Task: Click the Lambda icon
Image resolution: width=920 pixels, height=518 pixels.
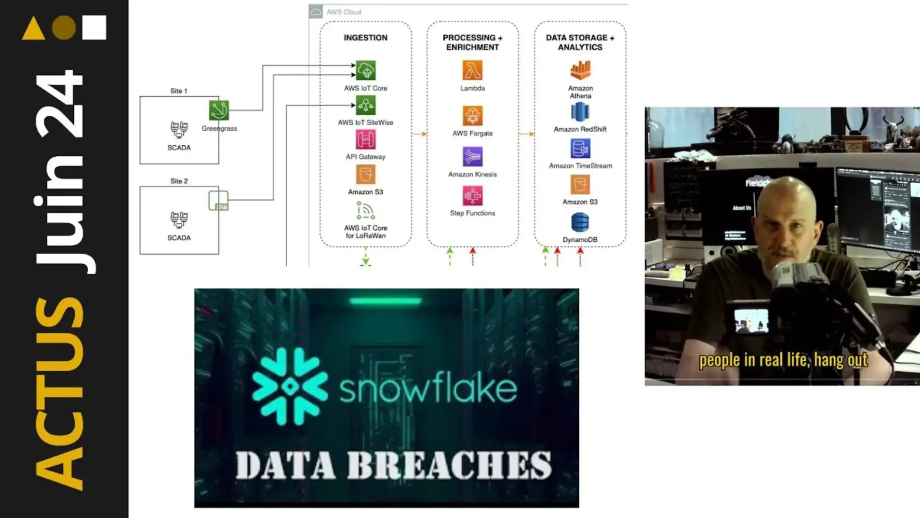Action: click(472, 70)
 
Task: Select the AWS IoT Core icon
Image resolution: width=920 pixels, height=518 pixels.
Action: click(365, 70)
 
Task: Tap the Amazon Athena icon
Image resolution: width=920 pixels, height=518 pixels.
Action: click(580, 70)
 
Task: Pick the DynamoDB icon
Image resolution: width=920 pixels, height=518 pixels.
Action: click(580, 222)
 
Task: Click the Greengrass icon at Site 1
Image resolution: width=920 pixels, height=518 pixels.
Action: click(219, 110)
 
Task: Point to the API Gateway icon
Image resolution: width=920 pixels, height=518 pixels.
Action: click(365, 140)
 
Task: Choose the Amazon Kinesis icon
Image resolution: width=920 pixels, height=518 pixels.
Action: click(472, 157)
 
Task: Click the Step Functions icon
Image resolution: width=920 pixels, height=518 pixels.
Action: click(472, 196)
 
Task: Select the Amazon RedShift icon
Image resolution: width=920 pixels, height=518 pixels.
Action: click(580, 112)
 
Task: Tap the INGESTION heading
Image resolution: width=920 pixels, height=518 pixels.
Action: click(365, 38)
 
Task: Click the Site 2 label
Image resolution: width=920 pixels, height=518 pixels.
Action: click(179, 181)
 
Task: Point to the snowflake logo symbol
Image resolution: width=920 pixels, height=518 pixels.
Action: click(290, 386)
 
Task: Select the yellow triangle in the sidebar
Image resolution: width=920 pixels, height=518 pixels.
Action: click(34, 28)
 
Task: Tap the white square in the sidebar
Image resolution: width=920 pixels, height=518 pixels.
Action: click(94, 27)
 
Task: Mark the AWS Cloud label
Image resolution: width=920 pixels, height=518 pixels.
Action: click(343, 12)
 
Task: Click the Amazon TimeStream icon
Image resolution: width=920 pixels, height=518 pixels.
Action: click(580, 149)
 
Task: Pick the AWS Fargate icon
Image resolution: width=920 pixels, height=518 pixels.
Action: click(472, 116)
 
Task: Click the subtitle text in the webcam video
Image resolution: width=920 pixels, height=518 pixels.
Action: click(783, 360)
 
